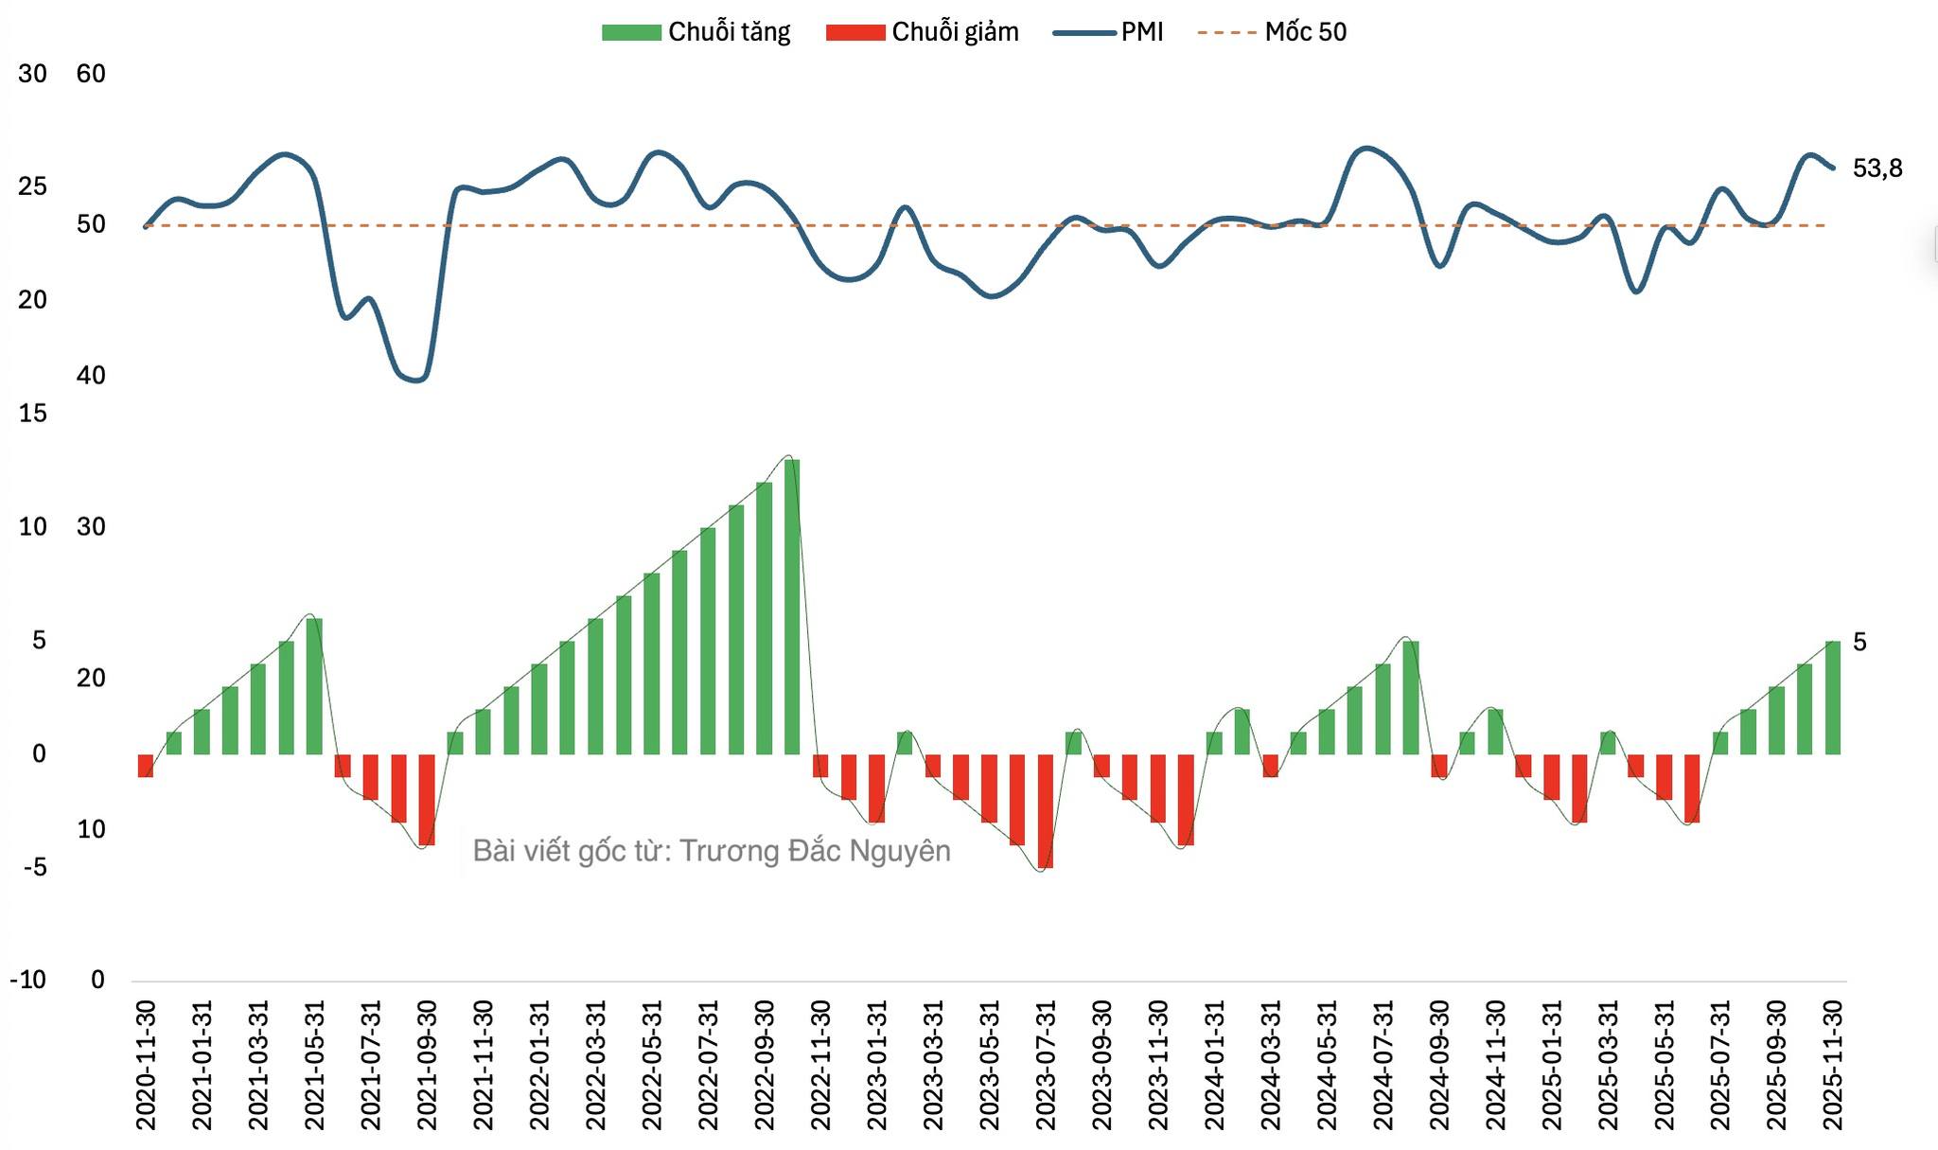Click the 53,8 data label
point(1876,168)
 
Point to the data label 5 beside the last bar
point(1859,643)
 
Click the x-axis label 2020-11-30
point(146,1065)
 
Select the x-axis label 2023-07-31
point(1046,1065)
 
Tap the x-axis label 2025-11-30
point(1833,1065)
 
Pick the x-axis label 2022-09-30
point(765,1065)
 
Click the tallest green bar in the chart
point(792,606)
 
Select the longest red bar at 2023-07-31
point(1046,811)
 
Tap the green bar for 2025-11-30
point(1833,698)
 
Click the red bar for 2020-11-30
point(146,766)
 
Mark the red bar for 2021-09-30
point(427,800)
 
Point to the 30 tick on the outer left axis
point(32,74)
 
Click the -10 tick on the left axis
point(28,980)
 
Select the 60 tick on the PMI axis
point(91,74)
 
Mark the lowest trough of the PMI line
point(417,380)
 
